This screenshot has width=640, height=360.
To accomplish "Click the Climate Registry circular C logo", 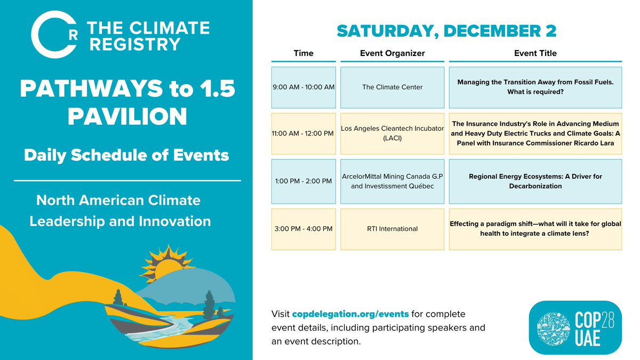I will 52,36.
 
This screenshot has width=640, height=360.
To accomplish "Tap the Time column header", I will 303,53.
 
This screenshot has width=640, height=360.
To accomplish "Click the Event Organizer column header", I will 392,53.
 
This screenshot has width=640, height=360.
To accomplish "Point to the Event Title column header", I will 535,53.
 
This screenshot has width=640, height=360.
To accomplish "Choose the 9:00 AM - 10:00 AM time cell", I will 303,87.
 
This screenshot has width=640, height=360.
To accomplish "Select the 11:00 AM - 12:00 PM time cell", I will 303,133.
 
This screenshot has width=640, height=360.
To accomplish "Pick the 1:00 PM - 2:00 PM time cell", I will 303,181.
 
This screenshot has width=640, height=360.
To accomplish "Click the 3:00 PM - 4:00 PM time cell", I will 303,229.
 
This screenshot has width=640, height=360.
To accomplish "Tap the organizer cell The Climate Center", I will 392,87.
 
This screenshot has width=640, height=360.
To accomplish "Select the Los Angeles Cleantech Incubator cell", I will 392,133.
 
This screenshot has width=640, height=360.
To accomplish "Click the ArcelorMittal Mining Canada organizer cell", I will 392,181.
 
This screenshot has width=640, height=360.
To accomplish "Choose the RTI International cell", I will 392,229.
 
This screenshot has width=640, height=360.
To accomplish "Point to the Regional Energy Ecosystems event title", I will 535,181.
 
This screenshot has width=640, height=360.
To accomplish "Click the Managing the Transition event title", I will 535,87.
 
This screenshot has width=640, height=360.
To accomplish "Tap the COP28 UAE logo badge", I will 575,327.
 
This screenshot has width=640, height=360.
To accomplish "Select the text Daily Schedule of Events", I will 126,156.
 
